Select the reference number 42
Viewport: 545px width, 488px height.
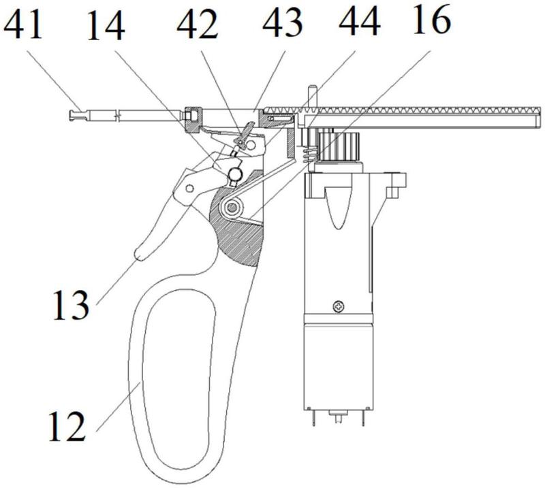[198, 26]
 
